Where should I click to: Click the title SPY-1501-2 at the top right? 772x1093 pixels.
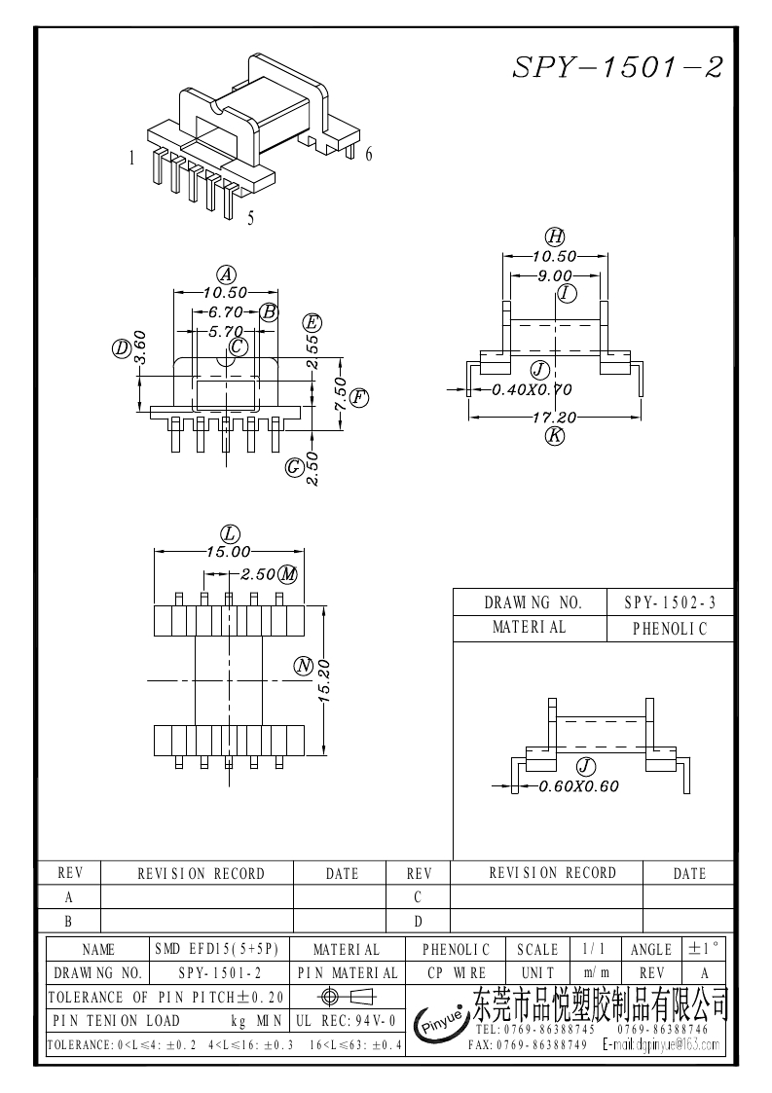click(618, 67)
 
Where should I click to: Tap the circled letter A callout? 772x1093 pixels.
click(226, 273)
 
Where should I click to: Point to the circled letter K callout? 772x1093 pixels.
click(555, 436)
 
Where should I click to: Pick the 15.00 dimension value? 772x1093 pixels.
click(228, 552)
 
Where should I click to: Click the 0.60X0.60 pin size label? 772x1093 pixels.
click(578, 786)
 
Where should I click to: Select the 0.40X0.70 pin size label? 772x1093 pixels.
click(532, 389)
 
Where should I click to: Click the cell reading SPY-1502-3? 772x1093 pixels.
click(670, 603)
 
